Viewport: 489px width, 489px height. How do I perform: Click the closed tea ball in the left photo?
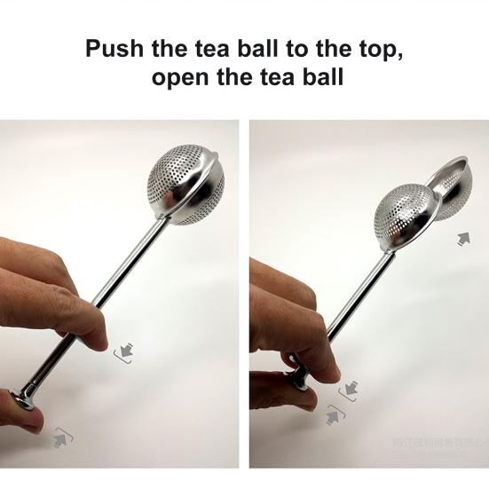pos(185,185)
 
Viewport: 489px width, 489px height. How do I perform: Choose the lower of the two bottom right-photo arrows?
pos(333,414)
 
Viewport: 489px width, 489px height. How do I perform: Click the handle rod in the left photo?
pos(133,276)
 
